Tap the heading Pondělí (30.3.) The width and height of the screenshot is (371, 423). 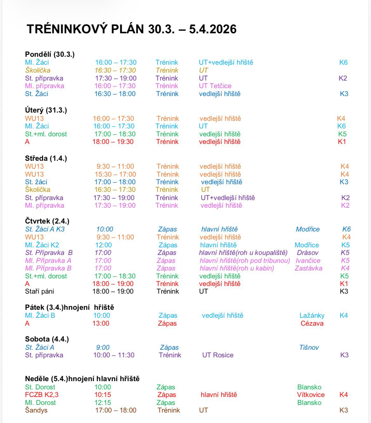pyautogui.click(x=50, y=54)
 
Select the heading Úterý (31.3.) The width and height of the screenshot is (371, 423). pyautogui.click(x=46, y=110)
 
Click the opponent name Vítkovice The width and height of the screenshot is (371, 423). pyautogui.click(x=311, y=395)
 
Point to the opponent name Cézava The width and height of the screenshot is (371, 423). pyautogui.click(x=312, y=323)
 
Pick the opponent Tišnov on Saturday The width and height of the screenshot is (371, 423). pyautogui.click(x=309, y=348)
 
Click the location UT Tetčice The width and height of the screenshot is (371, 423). pyautogui.click(x=215, y=86)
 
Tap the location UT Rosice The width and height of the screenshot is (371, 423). pyautogui.click(x=218, y=355)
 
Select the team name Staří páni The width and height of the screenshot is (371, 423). pyautogui.click(x=40, y=291)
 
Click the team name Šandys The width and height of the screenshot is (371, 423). pyautogui.click(x=36, y=410)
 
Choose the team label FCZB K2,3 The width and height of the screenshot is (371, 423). pyautogui.click(x=42, y=395)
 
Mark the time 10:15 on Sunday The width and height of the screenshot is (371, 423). pyautogui.click(x=103, y=395)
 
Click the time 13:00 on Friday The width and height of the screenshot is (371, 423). pyautogui.click(x=101, y=323)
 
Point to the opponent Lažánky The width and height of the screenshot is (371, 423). pyautogui.click(x=312, y=316)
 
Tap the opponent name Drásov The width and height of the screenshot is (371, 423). pyautogui.click(x=308, y=253)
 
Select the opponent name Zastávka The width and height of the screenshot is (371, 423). pyautogui.click(x=309, y=268)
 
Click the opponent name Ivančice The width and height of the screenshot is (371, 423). pyautogui.click(x=308, y=261)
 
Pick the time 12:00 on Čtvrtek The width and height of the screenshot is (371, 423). pyautogui.click(x=103, y=245)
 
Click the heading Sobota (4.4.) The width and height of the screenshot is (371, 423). pyautogui.click(x=47, y=339)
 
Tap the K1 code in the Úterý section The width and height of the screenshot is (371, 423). pyautogui.click(x=342, y=142)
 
